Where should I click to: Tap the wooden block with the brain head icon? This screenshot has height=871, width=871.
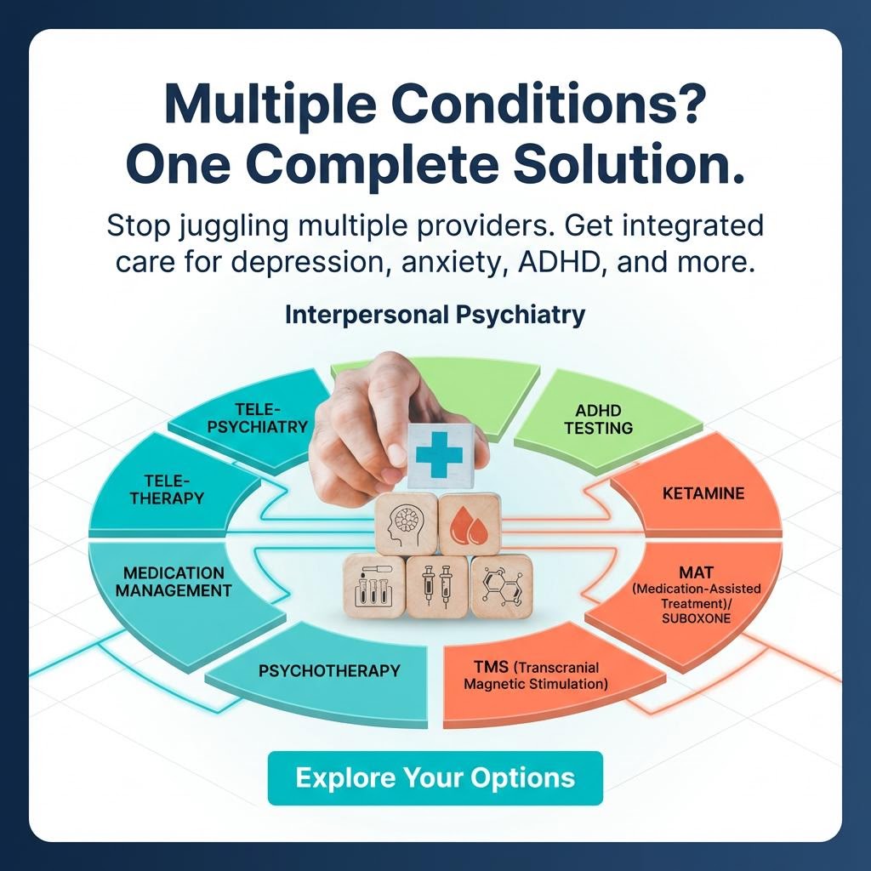pyautogui.click(x=407, y=526)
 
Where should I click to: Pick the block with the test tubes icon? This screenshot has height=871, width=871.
pyautogui.click(x=373, y=587)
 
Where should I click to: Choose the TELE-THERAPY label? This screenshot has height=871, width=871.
pyautogui.click(x=168, y=489)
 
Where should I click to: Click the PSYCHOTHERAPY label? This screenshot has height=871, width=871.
pyautogui.click(x=329, y=670)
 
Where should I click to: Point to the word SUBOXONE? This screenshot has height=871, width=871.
pyautogui.click(x=697, y=618)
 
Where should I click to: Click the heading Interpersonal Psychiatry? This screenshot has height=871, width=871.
pyautogui.click(x=435, y=315)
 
